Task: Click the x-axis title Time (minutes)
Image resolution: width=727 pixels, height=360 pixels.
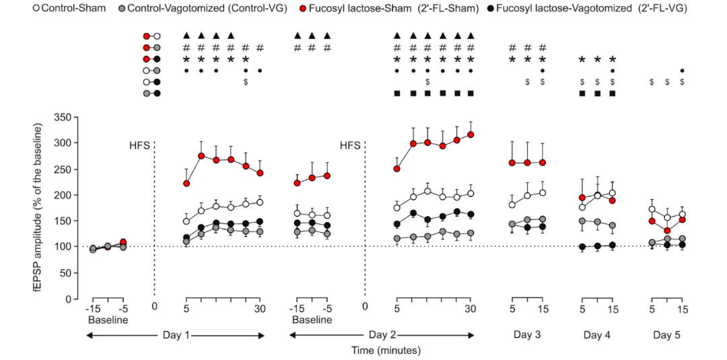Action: pyautogui.click(x=385, y=350)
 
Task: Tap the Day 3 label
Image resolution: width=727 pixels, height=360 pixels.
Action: pyautogui.click(x=527, y=334)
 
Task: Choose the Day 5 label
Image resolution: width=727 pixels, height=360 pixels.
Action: pyautogui.click(x=667, y=334)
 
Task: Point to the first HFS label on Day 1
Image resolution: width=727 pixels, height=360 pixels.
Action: pyautogui.click(x=139, y=145)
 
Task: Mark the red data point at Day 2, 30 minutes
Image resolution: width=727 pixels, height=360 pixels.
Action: pyautogui.click(x=471, y=135)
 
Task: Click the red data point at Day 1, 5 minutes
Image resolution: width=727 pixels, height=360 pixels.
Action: pyautogui.click(x=186, y=183)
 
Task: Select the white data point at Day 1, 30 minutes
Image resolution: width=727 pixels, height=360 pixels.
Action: pyautogui.click(x=260, y=202)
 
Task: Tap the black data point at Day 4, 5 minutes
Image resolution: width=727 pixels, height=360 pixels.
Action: pyautogui.click(x=582, y=247)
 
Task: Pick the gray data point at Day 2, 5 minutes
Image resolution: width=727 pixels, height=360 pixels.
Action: pyautogui.click(x=397, y=238)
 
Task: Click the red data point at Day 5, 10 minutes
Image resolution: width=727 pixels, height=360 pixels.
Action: pyautogui.click(x=667, y=231)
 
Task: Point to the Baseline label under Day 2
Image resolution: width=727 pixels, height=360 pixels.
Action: pyautogui.click(x=312, y=320)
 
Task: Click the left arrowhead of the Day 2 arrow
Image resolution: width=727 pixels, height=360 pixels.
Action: pyautogui.click(x=291, y=334)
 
